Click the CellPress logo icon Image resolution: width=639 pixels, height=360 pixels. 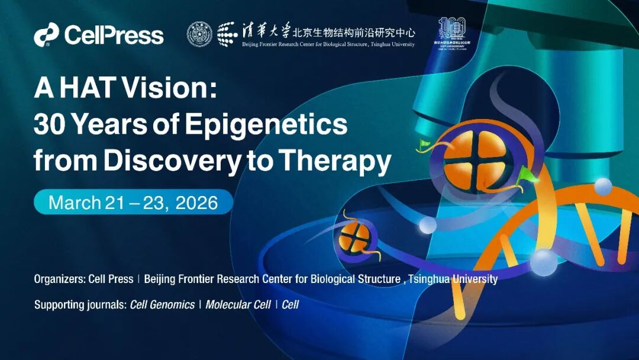click(46, 34)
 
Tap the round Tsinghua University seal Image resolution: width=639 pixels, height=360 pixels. click(199, 34)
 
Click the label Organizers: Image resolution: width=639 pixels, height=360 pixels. click(59, 279)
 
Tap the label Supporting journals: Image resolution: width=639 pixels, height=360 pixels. click(80, 305)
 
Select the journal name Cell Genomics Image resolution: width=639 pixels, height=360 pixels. click(162, 305)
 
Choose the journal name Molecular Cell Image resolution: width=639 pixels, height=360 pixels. click(238, 305)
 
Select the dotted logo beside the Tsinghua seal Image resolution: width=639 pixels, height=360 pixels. click(228, 34)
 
